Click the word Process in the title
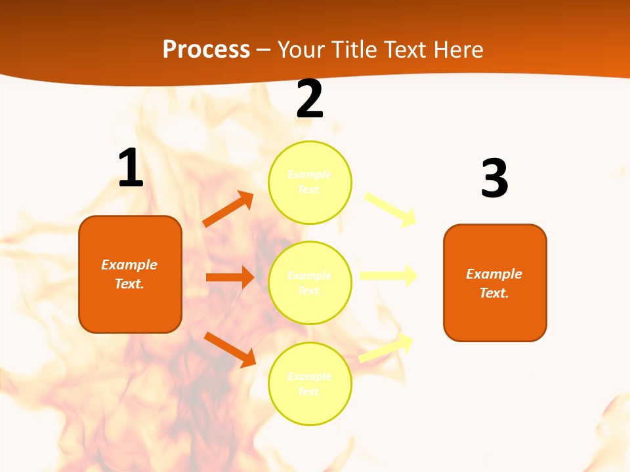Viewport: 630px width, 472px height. [206, 49]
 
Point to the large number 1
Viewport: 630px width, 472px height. [131, 168]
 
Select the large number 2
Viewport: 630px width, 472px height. [310, 100]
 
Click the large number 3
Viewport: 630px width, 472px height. [494, 179]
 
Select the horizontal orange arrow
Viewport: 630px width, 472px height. [230, 277]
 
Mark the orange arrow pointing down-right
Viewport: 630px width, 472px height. [230, 349]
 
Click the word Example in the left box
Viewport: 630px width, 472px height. [129, 265]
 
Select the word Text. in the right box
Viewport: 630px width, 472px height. [494, 293]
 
